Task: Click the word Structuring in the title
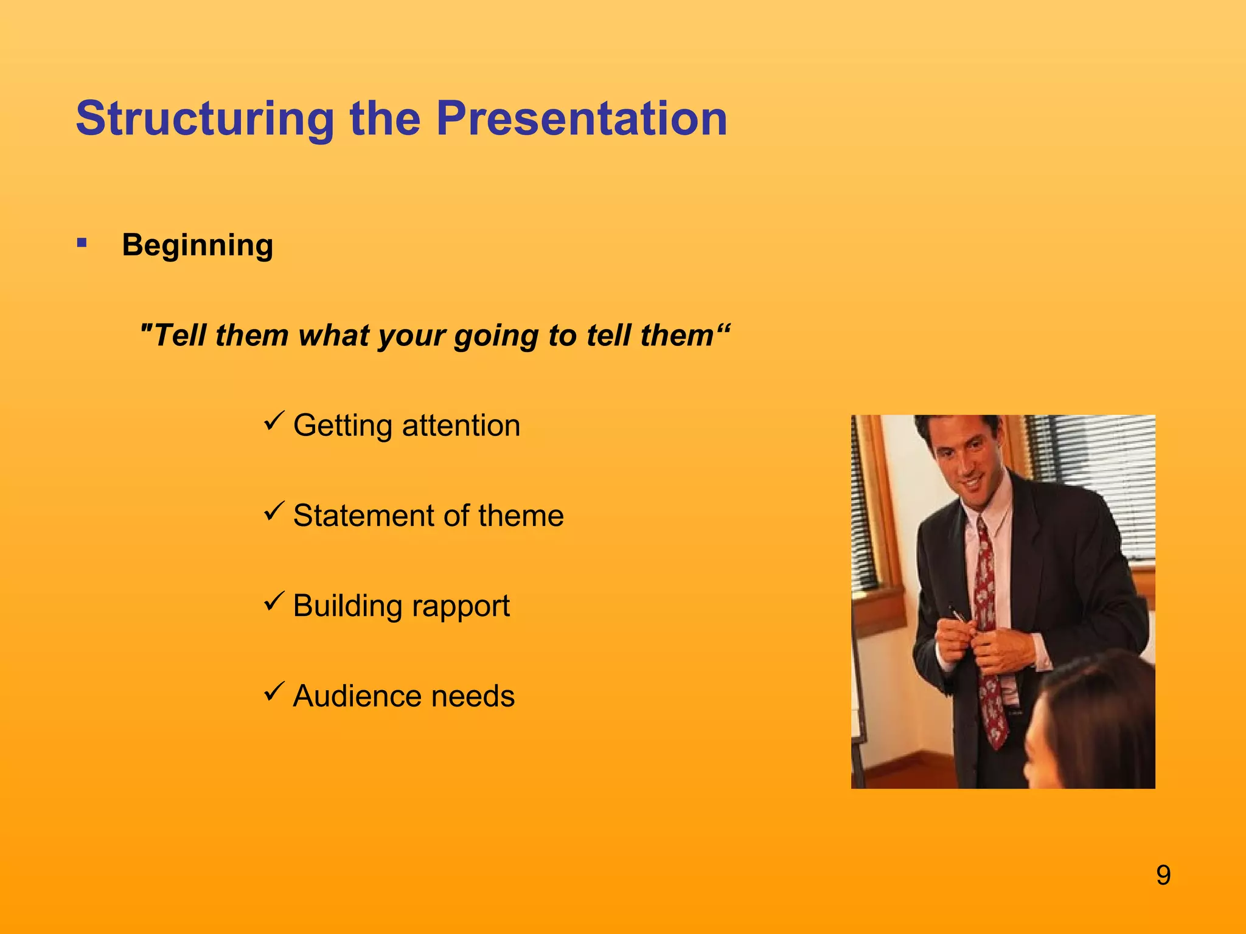(205, 119)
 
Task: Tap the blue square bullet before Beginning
(82, 244)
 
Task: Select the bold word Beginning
(197, 246)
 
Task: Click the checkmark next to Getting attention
(274, 421)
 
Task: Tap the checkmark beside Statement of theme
(274, 511)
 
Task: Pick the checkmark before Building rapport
(274, 601)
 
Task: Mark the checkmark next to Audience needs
(274, 691)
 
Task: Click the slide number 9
(1163, 876)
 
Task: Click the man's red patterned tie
(987, 638)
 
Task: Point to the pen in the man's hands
(958, 614)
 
